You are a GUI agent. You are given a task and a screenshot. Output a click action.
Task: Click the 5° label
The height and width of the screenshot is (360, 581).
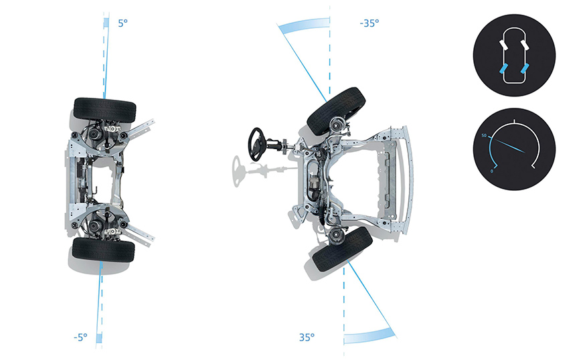click(x=122, y=23)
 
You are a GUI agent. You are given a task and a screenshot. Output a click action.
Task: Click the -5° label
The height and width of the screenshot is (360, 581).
click(x=80, y=337)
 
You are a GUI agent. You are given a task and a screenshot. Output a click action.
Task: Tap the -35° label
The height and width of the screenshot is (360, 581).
click(x=369, y=23)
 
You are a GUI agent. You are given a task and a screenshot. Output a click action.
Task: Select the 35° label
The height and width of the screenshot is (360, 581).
click(x=307, y=337)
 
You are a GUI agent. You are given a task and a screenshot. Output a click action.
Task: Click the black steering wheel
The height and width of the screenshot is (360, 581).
click(x=256, y=145)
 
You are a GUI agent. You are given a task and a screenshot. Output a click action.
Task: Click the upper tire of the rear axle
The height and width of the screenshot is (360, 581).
click(x=105, y=110)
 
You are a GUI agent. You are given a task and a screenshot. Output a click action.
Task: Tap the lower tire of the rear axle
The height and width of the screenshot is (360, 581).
click(x=103, y=250)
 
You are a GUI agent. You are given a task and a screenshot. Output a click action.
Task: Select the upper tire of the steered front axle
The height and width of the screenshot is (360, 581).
click(x=336, y=111)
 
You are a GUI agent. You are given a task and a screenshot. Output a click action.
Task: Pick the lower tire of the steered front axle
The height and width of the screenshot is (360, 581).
click(x=343, y=250)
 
